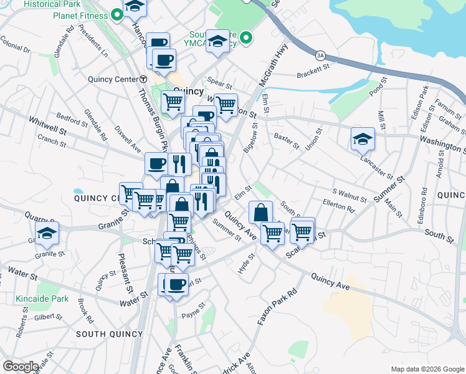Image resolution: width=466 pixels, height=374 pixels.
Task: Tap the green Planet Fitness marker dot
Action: point(117,16)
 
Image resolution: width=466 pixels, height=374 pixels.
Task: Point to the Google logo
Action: point(21,367)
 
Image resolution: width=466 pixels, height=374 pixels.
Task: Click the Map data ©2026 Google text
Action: point(427,369)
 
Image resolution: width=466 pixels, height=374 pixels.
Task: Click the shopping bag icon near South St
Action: point(260,212)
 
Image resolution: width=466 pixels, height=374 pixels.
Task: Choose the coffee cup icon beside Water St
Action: point(177,284)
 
